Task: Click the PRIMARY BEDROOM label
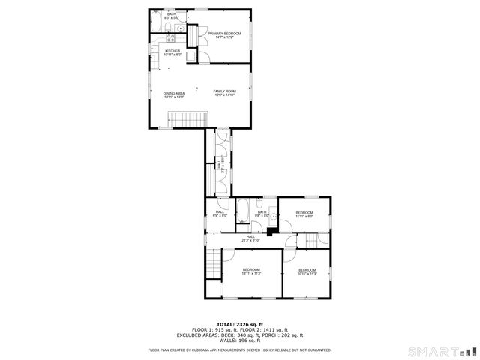click(225, 34)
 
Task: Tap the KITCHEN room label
click(173, 52)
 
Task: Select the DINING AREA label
click(174, 94)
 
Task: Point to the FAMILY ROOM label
click(224, 92)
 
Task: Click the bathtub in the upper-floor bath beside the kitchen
click(156, 29)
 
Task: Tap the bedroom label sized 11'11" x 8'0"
click(304, 214)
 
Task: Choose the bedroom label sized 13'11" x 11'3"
click(251, 271)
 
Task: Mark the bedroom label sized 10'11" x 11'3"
click(307, 271)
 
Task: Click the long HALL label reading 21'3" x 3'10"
click(250, 238)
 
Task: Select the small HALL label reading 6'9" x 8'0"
click(220, 214)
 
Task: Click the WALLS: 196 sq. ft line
click(240, 340)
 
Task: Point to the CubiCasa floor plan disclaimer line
click(240, 349)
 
